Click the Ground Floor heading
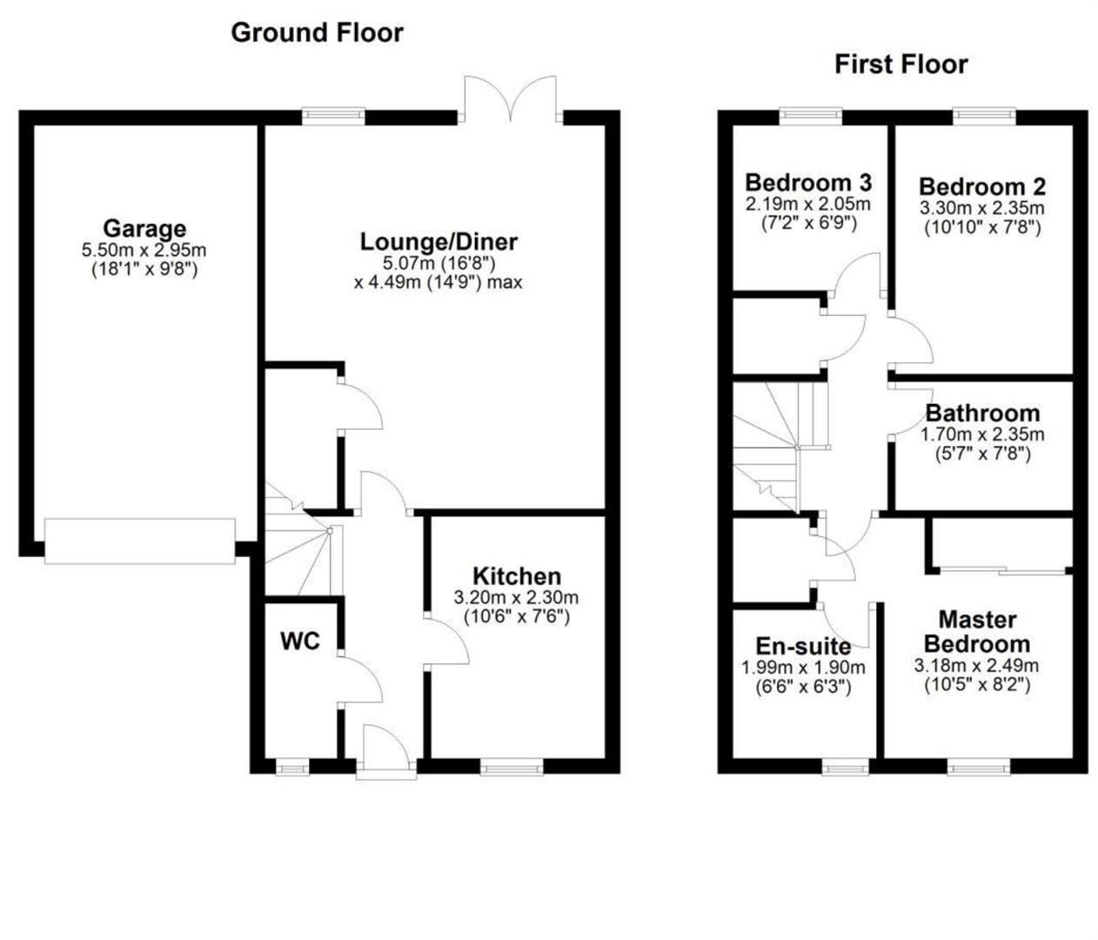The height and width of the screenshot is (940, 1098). click(x=317, y=33)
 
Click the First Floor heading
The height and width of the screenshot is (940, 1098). click(x=900, y=64)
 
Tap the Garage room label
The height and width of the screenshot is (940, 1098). click(x=144, y=228)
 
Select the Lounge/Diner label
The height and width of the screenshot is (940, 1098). click(x=439, y=241)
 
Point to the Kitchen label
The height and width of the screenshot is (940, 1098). click(x=517, y=576)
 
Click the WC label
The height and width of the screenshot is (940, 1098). click(x=300, y=641)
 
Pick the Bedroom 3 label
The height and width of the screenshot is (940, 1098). click(x=808, y=183)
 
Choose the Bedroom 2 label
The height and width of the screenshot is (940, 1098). click(x=982, y=186)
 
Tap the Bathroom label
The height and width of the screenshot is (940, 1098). click(x=982, y=413)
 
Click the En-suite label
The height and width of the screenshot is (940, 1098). click(x=803, y=646)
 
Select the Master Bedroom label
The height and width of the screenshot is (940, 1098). click(x=977, y=632)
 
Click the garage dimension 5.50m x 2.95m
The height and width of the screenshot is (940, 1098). click(x=144, y=251)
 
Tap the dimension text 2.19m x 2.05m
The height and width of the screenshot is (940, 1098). click(x=808, y=204)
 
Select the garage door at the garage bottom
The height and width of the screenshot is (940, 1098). click(x=140, y=541)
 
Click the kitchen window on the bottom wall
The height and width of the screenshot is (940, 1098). click(x=512, y=768)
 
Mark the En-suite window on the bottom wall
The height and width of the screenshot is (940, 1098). click(x=846, y=768)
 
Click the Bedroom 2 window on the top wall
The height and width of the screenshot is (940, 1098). click(x=984, y=114)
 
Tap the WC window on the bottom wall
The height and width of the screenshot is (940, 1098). click(x=291, y=768)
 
